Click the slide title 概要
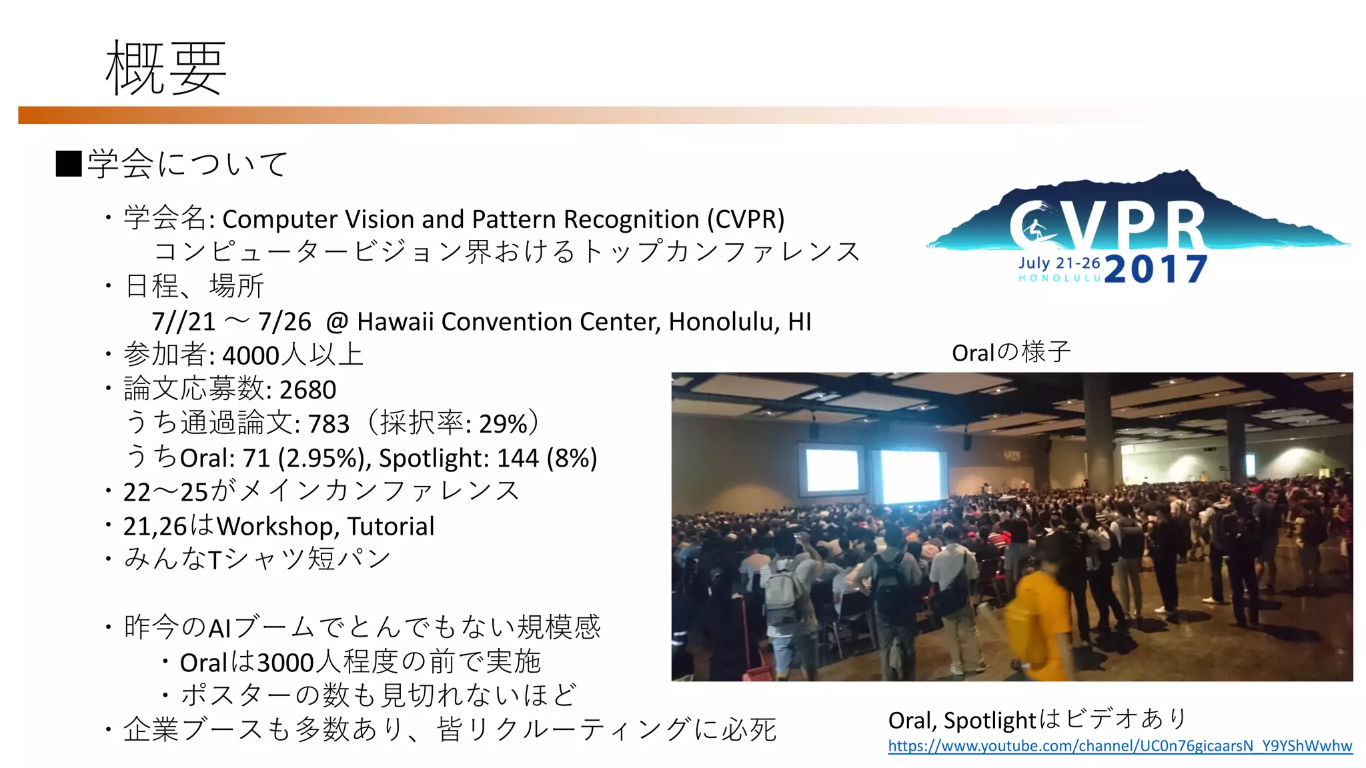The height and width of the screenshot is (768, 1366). (x=166, y=67)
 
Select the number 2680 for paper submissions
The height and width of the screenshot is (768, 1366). (x=307, y=390)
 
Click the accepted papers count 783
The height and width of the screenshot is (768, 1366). (x=329, y=424)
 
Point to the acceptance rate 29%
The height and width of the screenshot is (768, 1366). (x=504, y=424)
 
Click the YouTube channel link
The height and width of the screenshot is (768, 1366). (x=1120, y=746)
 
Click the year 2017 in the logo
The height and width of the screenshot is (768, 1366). (x=1155, y=269)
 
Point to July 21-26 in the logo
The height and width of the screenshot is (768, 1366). (x=1059, y=263)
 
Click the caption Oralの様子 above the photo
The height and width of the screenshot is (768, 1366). (x=1010, y=352)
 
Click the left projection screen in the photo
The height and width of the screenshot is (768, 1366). (x=832, y=470)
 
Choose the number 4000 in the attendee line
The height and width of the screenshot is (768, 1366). (x=251, y=356)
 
